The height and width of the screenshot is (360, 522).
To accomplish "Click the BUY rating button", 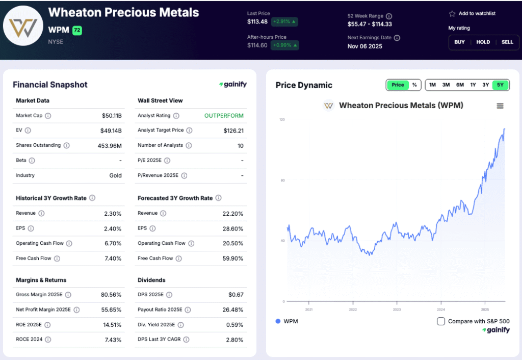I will pos(459,42).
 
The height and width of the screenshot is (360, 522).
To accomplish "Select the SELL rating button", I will pos(507,42).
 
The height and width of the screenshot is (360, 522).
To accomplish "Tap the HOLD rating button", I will pos(483,42).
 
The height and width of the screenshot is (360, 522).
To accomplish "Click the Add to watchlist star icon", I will pos(452,14).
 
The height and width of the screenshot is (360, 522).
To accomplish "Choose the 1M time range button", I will pos(432,85).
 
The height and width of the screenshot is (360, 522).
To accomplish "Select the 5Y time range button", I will pos(500,85).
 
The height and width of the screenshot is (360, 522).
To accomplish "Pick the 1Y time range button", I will pos(473,85).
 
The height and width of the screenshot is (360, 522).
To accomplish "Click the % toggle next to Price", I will pos(414,85).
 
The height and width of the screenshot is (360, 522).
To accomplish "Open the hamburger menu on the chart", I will pos(500,106).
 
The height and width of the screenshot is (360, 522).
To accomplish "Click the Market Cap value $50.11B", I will pos(112,116).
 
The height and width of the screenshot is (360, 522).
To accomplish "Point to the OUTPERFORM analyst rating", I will pos(224,116).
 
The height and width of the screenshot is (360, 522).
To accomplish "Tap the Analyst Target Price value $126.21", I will pos(233,131).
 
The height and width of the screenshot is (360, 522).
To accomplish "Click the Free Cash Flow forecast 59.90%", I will pos(233,259).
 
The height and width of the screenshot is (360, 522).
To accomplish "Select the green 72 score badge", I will pos(77,31).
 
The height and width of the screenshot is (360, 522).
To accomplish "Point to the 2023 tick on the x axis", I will pos(397,310).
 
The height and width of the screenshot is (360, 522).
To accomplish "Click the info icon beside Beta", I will pos(32,161).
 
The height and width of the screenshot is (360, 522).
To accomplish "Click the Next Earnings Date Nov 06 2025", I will pos(364,46).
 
